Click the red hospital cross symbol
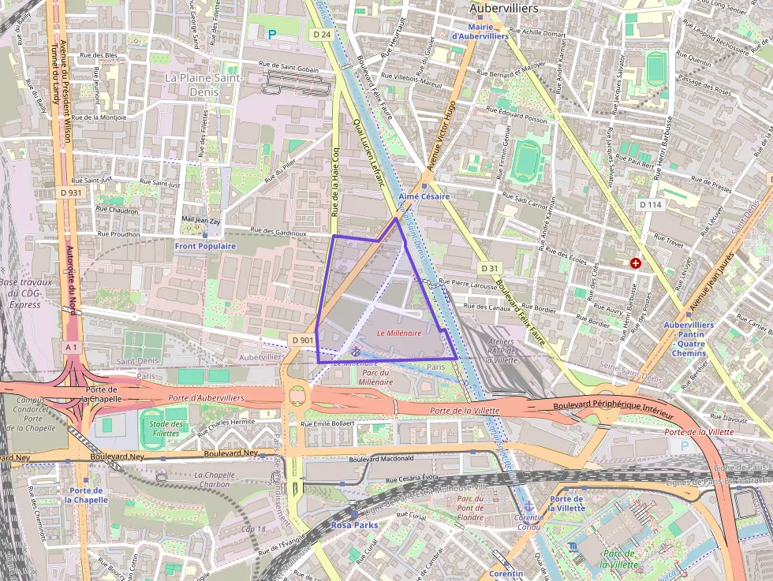coord(636,263)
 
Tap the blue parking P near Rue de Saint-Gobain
coord(273,35)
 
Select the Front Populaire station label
coord(205,246)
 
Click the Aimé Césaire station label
coord(424,196)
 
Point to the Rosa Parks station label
coord(354,524)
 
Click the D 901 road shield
coord(302,340)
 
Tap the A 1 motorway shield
coord(72,347)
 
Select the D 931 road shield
coord(70,192)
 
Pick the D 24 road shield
coord(320,35)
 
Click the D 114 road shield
coord(650,204)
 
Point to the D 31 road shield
coord(490,267)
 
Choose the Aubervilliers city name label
coord(503,9)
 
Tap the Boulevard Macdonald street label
coord(381,460)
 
